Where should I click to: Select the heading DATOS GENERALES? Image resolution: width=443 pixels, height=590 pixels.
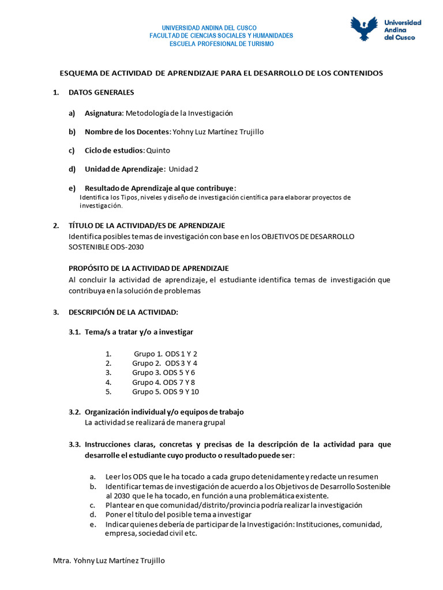click(101, 92)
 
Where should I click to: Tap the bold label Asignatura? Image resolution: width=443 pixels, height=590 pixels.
click(104, 114)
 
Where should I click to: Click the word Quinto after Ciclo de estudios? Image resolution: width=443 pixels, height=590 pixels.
click(158, 150)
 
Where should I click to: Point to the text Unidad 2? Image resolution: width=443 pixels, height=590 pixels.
click(183, 169)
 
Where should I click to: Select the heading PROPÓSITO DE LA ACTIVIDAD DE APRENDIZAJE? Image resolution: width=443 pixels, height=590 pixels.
click(148, 268)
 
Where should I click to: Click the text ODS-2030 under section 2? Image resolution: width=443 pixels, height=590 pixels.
click(123, 247)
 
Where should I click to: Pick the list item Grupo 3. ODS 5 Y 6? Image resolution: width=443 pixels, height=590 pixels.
click(163, 373)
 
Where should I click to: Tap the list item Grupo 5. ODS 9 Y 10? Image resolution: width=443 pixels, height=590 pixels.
click(165, 392)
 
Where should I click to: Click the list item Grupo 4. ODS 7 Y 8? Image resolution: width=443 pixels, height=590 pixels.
click(163, 382)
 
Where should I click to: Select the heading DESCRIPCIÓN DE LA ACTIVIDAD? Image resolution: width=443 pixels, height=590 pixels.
click(123, 312)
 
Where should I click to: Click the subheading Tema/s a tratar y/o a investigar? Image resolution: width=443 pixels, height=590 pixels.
click(139, 332)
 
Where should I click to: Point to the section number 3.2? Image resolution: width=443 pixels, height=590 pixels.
click(74, 412)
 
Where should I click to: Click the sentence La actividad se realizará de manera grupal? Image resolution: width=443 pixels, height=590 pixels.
click(155, 422)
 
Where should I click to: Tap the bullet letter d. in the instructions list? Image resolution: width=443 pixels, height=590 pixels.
click(92, 514)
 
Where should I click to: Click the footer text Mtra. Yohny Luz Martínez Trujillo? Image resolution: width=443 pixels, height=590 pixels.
click(108, 561)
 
